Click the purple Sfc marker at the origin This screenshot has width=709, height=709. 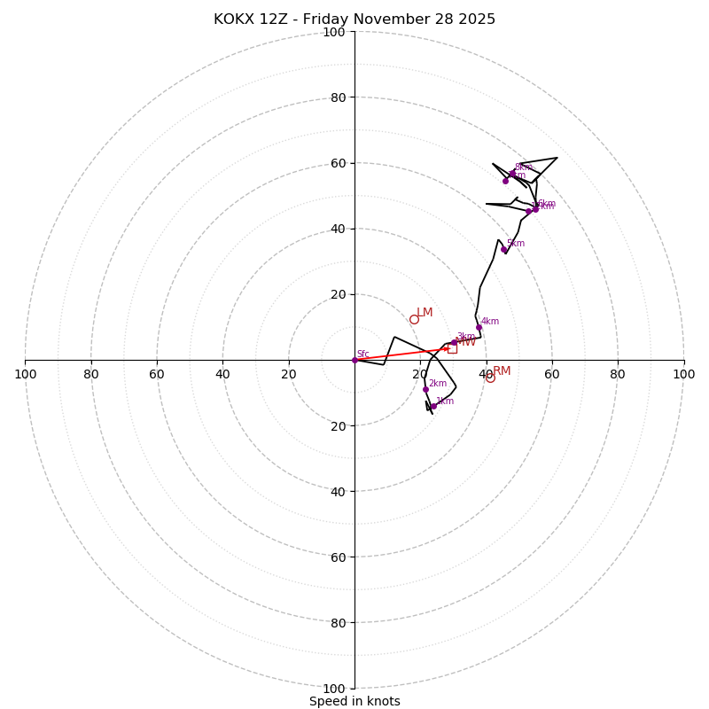[x=354, y=360]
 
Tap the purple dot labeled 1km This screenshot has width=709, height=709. [x=433, y=407]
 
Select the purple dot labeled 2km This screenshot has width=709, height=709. [x=425, y=389]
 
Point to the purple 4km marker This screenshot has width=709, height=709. [x=479, y=327]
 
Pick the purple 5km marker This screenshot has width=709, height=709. [x=503, y=249]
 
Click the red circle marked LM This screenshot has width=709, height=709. [x=414, y=319]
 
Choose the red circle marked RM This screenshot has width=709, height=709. [x=490, y=378]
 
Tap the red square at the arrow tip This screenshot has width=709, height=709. [x=452, y=348]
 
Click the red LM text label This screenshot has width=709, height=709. [x=425, y=313]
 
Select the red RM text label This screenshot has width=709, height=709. [x=502, y=371]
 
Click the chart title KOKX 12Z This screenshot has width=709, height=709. [x=354, y=19]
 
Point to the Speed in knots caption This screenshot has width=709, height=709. [x=354, y=701]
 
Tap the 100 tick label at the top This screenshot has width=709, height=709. [x=334, y=33]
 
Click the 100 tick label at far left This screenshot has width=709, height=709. [x=26, y=374]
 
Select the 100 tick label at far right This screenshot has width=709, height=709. [x=683, y=374]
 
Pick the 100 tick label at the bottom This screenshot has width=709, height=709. [x=334, y=689]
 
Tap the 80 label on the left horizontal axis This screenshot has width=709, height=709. [x=91, y=374]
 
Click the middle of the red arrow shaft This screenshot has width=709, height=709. [x=402, y=354]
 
